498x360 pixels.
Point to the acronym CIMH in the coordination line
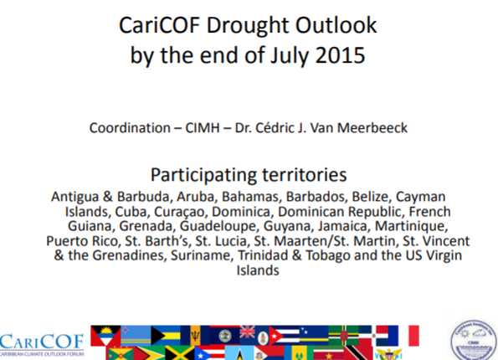[x=203, y=128]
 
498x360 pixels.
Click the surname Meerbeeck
[x=372, y=128]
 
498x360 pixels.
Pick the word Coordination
[x=130, y=128]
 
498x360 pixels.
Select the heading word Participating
[x=203, y=175]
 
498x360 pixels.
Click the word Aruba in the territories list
[x=197, y=197]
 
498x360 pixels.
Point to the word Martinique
[x=411, y=227]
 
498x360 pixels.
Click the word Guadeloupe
[x=218, y=227]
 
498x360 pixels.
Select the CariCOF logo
[x=42, y=344]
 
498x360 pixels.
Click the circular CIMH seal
[x=473, y=340]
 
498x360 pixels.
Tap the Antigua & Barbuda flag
[x=105, y=336]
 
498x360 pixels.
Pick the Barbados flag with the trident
[x=195, y=335]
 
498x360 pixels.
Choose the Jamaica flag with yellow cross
[x=180, y=353]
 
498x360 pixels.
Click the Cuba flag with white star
[x=284, y=335]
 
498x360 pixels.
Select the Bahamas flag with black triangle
[x=166, y=335]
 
